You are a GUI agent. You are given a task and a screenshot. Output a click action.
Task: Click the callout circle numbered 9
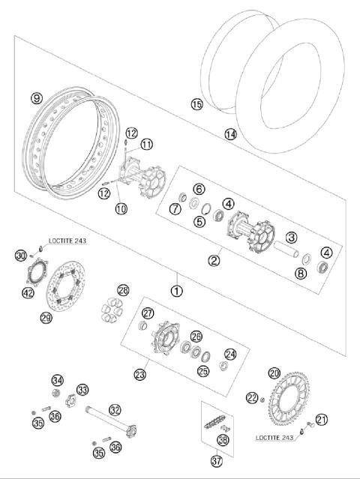[35, 97]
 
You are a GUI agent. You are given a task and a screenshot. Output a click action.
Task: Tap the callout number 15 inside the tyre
[196, 104]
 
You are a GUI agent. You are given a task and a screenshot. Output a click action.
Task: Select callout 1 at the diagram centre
[177, 289]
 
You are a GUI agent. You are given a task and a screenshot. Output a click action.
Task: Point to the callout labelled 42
[28, 293]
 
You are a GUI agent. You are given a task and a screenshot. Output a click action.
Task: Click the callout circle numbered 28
[123, 290]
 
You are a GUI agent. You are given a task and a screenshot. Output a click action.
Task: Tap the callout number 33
[82, 389]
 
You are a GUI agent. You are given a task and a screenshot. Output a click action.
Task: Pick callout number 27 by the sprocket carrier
[148, 313]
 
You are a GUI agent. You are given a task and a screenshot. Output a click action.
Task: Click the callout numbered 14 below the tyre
[230, 134]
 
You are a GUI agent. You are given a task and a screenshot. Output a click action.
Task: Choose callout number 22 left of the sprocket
[251, 397]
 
